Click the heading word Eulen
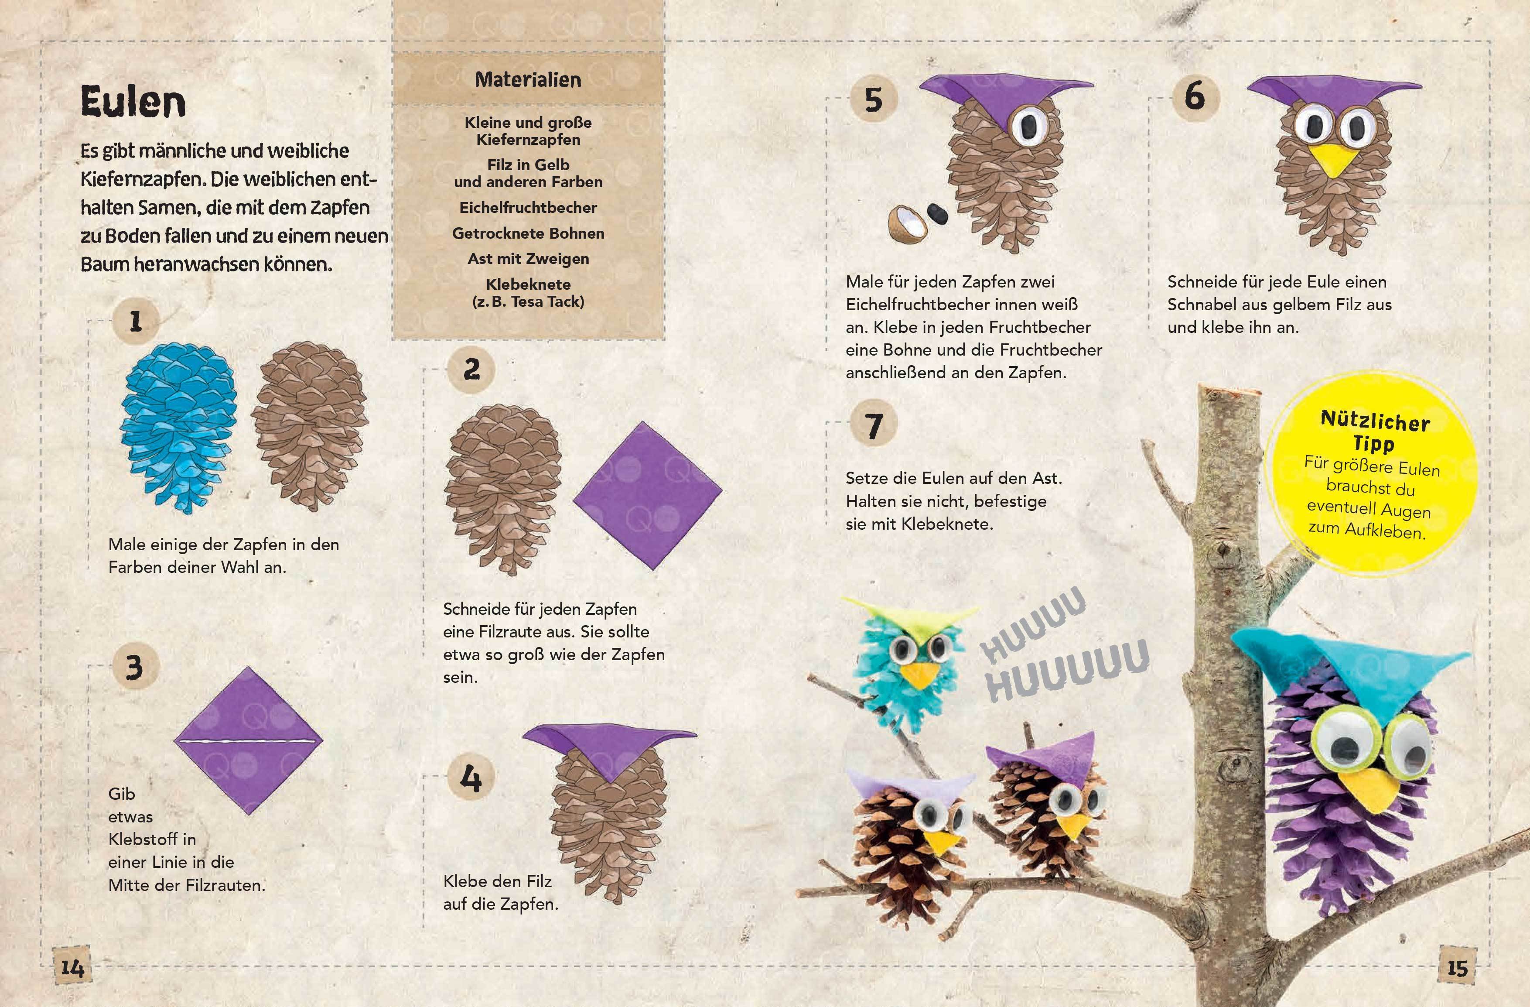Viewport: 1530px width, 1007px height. [x=133, y=102]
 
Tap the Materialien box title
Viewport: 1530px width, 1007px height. [x=528, y=80]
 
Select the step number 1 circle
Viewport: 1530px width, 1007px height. [x=135, y=321]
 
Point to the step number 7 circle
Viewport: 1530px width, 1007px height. [x=873, y=425]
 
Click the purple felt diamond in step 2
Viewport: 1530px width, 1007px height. [x=647, y=495]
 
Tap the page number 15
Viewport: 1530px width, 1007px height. [x=1457, y=967]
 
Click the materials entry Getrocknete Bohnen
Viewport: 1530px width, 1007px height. [x=528, y=233]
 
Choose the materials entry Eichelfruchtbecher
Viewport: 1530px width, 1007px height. [x=528, y=208]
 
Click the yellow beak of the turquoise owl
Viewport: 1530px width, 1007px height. [x=915, y=675]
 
